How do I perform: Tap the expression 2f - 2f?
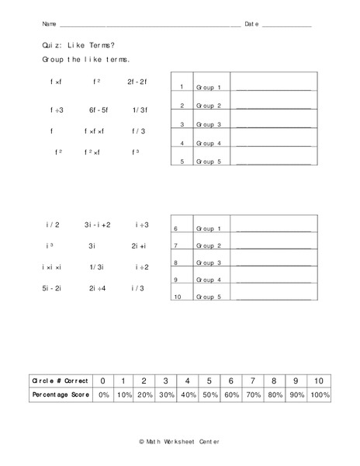point(137,81)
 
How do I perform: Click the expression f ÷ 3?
point(57,110)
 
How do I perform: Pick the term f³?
point(137,152)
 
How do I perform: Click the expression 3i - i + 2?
point(98,225)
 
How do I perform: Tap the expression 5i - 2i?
point(54,288)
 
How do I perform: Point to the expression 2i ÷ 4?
point(97,288)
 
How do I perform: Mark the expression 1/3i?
point(96,267)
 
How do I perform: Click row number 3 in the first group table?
point(182,124)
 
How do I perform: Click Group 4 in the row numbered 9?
point(208,280)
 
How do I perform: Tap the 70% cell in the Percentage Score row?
point(253,395)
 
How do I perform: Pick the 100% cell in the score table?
point(318,395)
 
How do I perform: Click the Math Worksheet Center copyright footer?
point(180,440)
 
